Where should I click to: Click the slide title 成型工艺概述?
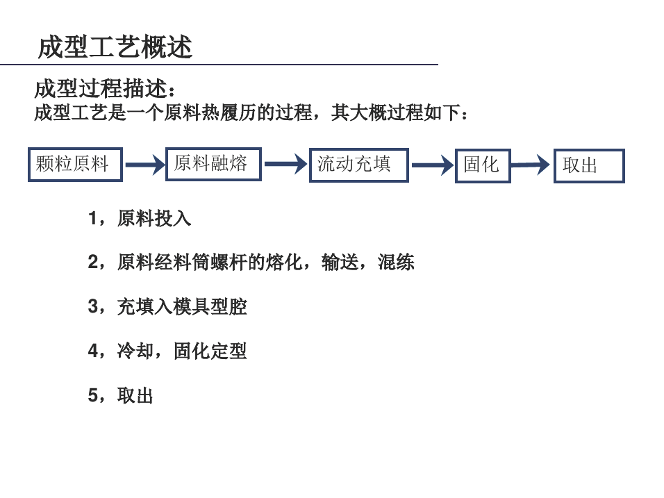115,47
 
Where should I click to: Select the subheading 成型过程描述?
101,88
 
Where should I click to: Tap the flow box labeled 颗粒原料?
76,165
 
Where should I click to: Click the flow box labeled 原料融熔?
213,164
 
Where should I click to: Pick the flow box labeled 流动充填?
359,165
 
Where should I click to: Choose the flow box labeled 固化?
483,165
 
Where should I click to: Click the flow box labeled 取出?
589,165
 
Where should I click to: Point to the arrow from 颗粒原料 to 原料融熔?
145,165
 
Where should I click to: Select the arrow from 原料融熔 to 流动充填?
286,164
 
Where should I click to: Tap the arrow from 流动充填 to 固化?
432,165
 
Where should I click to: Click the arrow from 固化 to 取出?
530,165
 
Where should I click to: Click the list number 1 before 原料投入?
93,219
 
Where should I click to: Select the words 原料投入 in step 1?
154,219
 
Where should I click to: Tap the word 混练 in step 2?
396,262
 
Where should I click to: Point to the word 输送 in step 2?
340,262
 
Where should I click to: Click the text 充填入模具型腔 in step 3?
182,306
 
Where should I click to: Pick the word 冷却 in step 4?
135,351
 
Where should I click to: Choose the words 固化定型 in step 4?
210,351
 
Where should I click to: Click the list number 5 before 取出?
93,395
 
